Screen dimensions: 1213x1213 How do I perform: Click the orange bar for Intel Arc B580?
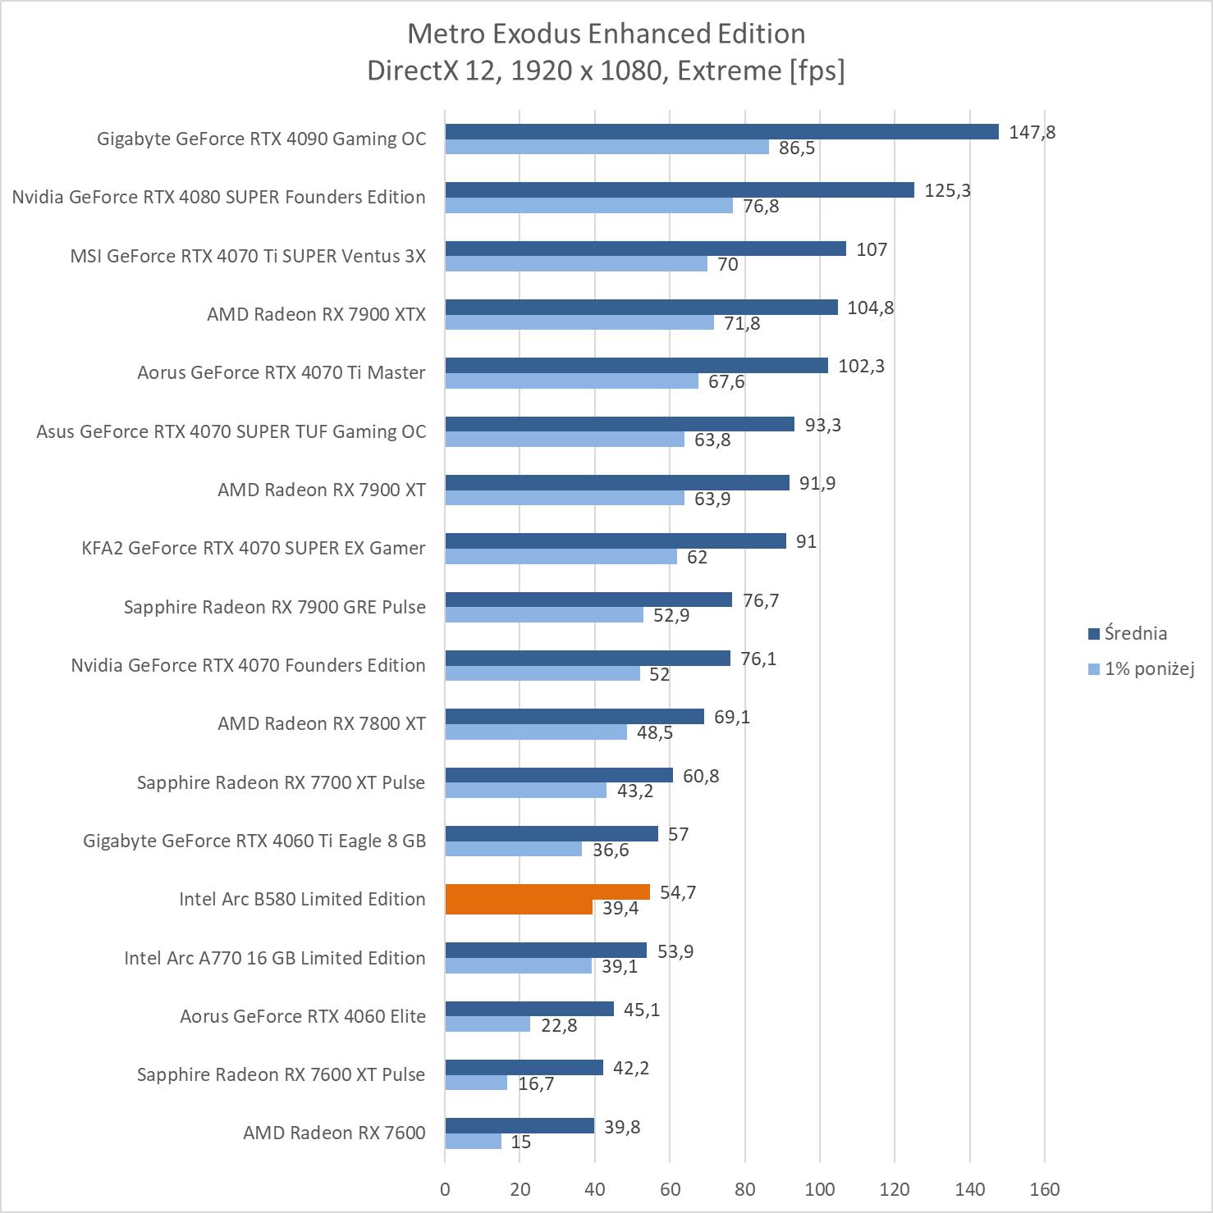(x=547, y=892)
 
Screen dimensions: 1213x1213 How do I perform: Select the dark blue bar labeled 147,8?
(x=721, y=132)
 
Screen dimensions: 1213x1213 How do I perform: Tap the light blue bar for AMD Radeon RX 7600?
(x=474, y=1142)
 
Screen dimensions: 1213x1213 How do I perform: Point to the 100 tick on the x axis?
(x=820, y=1189)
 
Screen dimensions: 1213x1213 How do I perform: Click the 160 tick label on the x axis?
(x=1045, y=1189)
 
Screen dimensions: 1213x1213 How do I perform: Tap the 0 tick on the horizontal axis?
(x=445, y=1189)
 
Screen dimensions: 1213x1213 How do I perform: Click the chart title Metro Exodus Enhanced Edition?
(x=606, y=34)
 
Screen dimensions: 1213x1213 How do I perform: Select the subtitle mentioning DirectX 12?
(x=606, y=71)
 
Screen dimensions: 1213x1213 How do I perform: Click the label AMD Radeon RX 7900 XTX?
(x=316, y=314)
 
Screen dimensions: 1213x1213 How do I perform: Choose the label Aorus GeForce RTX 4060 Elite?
(x=303, y=1016)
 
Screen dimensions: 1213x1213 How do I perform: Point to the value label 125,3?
(x=947, y=190)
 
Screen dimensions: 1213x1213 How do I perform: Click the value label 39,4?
(x=620, y=908)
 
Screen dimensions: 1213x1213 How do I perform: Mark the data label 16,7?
(x=536, y=1083)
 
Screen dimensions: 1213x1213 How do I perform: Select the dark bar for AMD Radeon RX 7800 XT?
(x=574, y=717)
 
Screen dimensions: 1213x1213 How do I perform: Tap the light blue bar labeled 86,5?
(x=607, y=148)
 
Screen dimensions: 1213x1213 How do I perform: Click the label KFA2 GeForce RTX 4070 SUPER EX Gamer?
(x=254, y=548)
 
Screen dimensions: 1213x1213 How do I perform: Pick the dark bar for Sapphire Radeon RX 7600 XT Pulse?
(x=524, y=1068)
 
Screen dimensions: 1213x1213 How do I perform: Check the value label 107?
(x=872, y=249)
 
